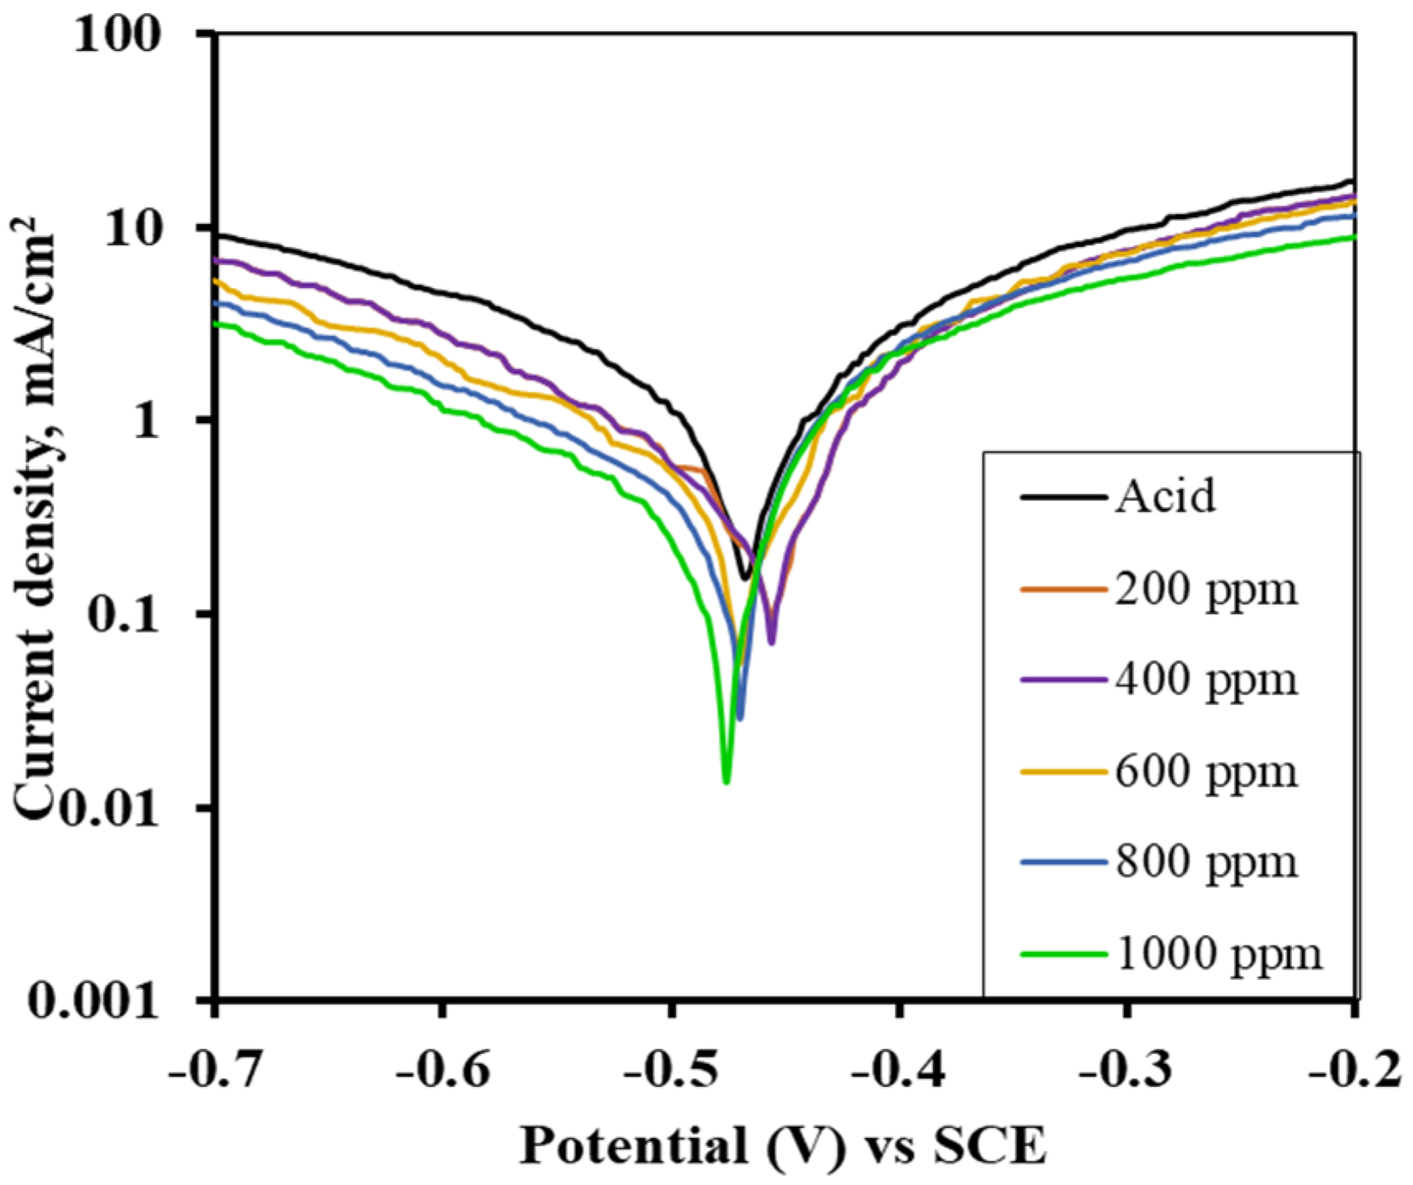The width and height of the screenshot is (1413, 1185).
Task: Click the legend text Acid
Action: tap(1165, 497)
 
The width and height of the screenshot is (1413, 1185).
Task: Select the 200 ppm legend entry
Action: tap(1206, 589)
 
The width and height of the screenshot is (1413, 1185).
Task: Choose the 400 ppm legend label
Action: tap(1206, 680)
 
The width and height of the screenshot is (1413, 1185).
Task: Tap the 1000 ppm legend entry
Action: tap(1219, 954)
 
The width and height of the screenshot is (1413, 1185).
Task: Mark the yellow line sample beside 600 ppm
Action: tap(1062, 772)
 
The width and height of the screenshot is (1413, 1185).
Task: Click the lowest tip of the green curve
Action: tap(726, 781)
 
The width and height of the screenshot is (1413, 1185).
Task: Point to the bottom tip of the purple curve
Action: tap(771, 642)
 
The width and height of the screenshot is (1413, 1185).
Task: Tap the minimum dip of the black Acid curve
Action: tap(746, 578)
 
